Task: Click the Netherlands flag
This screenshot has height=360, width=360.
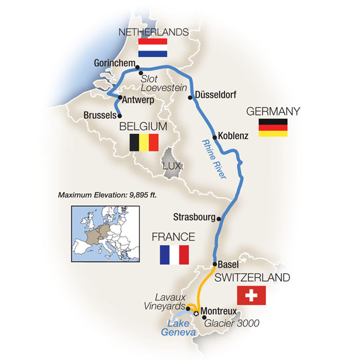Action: [152, 47]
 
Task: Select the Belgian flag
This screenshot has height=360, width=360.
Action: [143, 142]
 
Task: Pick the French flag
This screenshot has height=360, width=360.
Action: [174, 254]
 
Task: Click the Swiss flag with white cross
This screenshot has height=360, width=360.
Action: [251, 295]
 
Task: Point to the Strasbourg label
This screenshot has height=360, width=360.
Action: [193, 217]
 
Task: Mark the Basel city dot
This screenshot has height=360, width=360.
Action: [214, 265]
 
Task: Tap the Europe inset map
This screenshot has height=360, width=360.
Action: [105, 234]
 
